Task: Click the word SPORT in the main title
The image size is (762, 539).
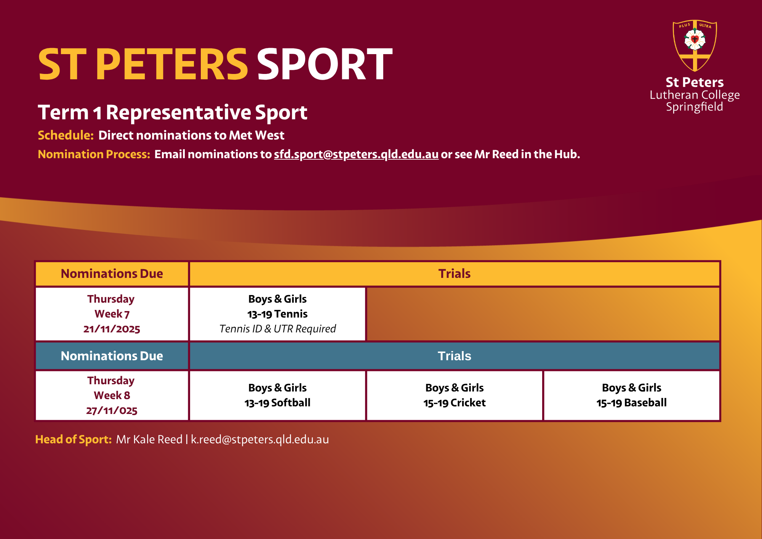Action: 325,64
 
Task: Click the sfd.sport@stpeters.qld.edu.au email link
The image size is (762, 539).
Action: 356,154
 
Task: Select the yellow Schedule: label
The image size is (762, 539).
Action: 66,135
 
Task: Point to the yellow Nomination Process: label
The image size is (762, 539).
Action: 94,154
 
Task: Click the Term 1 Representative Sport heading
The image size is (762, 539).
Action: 173,112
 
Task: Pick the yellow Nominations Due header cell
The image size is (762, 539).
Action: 112,274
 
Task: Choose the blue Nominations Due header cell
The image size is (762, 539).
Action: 112,356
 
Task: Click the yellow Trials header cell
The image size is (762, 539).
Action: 455,274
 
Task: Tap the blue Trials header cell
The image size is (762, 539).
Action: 455,356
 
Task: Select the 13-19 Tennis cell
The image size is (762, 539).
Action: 277,314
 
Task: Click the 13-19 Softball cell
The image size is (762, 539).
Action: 277,395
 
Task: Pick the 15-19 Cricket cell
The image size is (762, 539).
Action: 455,395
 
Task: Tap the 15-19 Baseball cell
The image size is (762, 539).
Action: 632,395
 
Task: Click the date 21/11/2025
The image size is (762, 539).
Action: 112,329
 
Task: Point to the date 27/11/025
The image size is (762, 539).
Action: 112,411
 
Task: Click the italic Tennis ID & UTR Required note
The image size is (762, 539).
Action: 277,329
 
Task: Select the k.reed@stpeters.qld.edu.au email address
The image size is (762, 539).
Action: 260,440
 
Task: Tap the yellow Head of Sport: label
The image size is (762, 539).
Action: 74,440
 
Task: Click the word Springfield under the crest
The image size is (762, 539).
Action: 695,107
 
